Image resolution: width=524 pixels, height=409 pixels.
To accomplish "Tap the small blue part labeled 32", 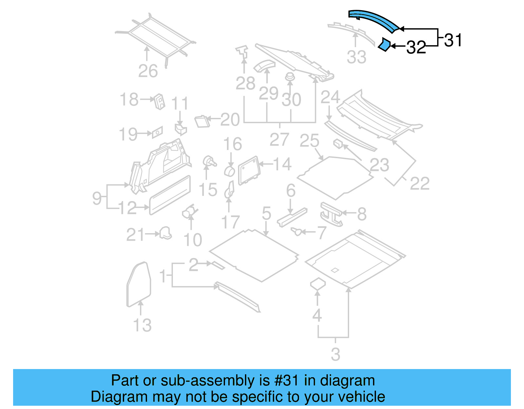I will click(384, 45).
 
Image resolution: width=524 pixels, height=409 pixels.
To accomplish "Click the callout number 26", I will click(148, 71).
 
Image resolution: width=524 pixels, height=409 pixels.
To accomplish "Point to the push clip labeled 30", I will click(290, 78).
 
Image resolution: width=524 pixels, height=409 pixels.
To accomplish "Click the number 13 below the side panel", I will click(142, 325).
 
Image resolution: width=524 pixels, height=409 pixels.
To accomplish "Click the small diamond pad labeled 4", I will click(318, 284).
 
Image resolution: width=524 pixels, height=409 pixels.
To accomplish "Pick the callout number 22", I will click(420, 183).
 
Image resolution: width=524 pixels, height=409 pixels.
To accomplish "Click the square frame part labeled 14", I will click(249, 170).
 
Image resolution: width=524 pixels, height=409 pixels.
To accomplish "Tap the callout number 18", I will click(129, 99).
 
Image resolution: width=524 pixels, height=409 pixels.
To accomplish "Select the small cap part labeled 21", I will click(166, 233).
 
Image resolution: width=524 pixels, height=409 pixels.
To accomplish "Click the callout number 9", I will click(97, 198).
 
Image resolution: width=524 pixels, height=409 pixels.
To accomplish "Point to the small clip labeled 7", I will click(297, 232).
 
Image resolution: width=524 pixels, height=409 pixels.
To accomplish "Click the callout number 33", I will click(356, 57).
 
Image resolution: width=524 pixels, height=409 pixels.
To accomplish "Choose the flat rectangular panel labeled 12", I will click(170, 195).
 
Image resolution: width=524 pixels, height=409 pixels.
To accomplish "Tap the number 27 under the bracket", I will click(279, 139).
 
